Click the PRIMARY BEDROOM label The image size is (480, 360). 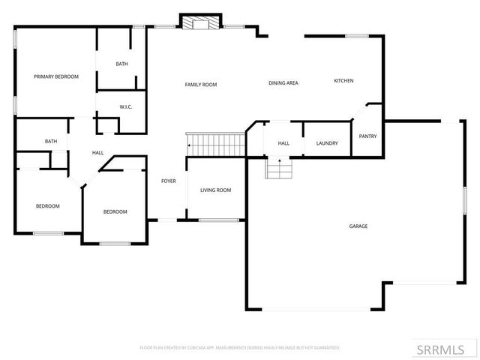pos(55,76)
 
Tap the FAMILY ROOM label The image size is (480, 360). pos(201,85)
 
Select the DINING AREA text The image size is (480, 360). pos(283,82)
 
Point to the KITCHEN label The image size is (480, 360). pos(343,81)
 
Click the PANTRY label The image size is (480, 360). pos(367,136)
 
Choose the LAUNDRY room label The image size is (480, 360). pos(327,143)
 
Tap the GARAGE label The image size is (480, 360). pos(358,226)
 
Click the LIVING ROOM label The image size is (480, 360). pos(215,190)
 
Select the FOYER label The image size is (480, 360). pos(169,181)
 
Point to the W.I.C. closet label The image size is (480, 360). pos(126,106)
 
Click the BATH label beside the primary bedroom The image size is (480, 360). pos(121,64)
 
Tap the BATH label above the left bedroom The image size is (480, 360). pos(51,141)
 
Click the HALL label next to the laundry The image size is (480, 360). pos(283,143)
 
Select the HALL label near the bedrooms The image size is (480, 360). pos(97,153)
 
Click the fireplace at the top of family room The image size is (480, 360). pos(201,23)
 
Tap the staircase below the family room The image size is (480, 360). pos(217,143)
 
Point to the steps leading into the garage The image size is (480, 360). pos(278,169)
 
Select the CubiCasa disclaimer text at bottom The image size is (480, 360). pos(240,348)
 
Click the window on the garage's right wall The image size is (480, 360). pos(464,202)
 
